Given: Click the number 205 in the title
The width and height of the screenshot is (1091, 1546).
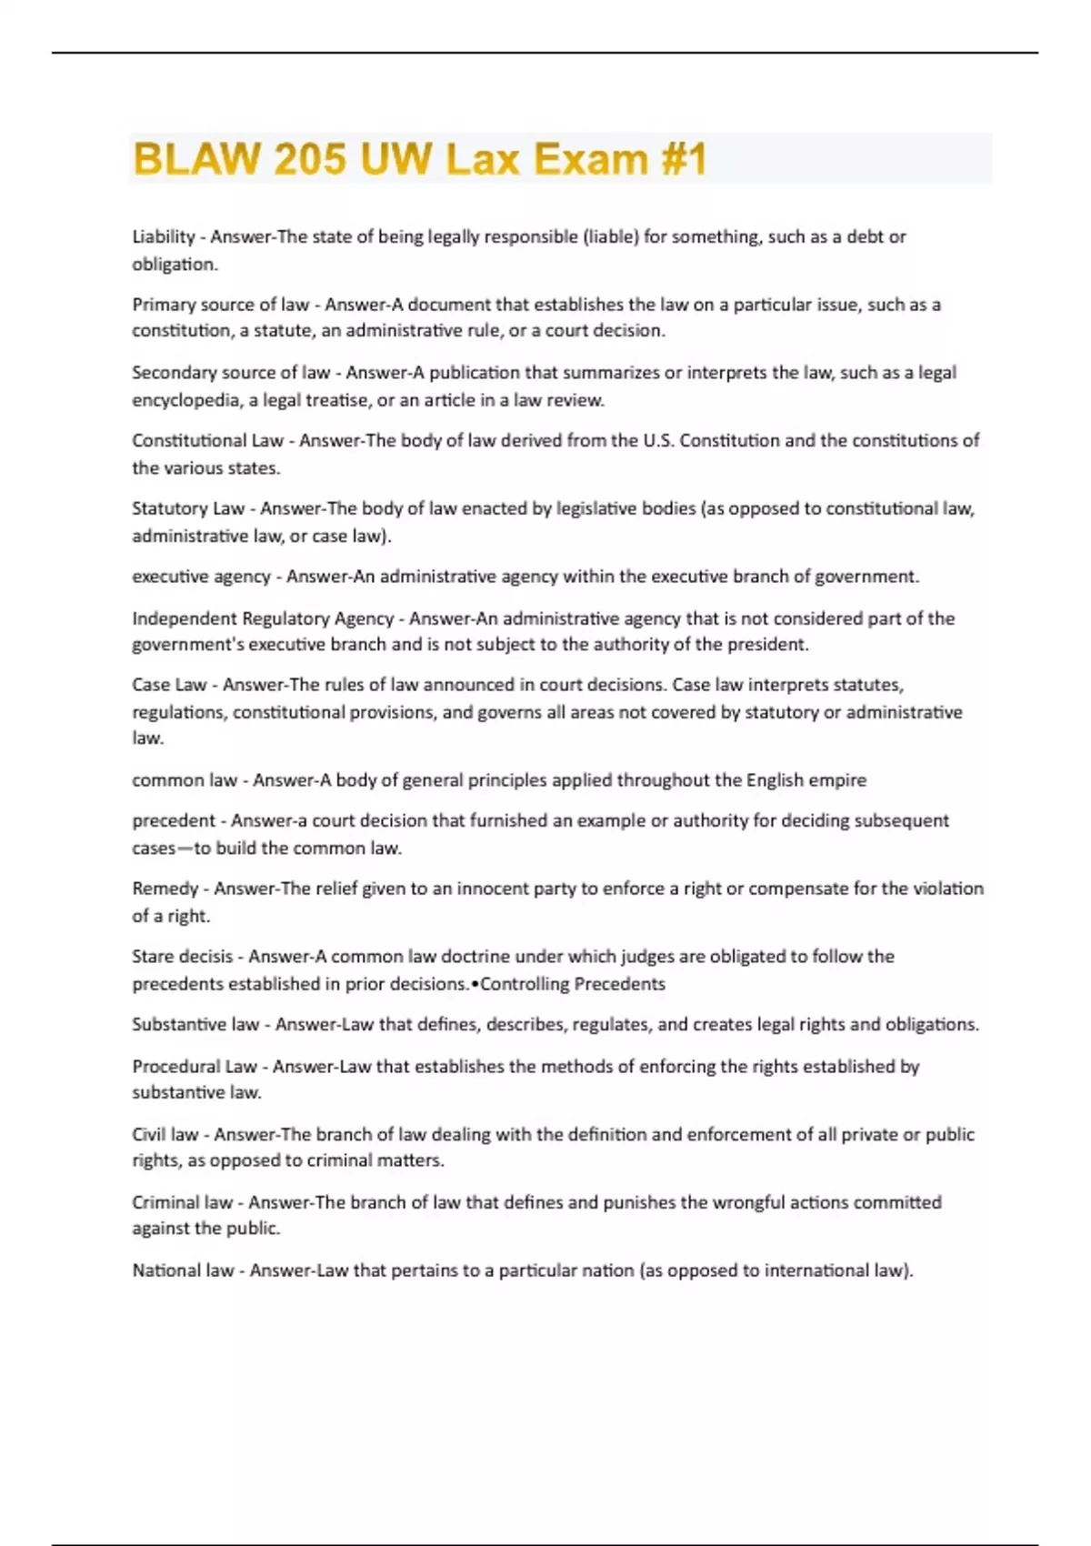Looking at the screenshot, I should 309,159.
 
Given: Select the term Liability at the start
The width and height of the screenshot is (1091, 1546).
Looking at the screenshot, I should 164,236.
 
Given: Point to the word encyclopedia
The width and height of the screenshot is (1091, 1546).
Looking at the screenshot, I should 186,400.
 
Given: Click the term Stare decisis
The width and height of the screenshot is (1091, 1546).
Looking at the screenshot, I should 183,957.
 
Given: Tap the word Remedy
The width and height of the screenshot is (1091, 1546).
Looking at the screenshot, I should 165,888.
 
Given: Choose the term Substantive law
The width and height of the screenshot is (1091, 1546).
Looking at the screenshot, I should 195,1025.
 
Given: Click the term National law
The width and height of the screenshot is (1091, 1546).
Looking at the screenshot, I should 183,1270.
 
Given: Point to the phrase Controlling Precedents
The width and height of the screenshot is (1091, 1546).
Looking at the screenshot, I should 573,984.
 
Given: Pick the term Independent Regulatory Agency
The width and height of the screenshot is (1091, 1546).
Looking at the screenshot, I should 263,618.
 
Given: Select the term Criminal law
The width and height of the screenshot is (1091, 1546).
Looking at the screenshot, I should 182,1202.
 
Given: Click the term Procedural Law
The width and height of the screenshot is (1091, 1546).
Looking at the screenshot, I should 195,1066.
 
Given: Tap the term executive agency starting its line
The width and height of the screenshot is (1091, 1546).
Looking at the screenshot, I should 201,577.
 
